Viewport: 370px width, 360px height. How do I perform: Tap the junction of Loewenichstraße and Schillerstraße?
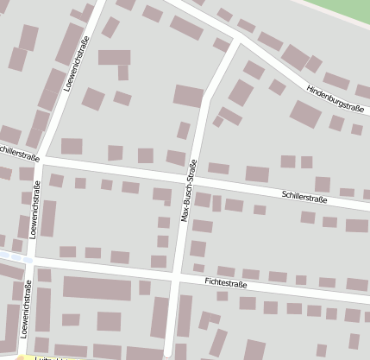click(x=43, y=159)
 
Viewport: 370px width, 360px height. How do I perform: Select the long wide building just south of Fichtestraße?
click(x=96, y=288)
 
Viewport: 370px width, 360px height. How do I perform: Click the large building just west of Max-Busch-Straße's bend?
click(x=188, y=95)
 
